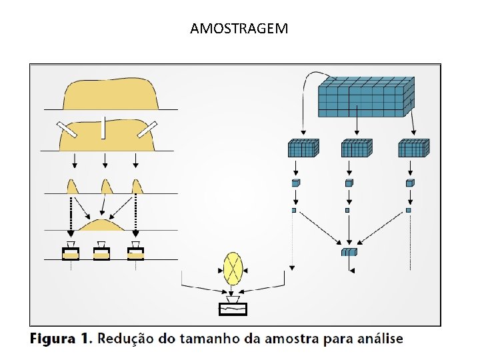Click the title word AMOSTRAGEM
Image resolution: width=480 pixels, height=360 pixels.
(x=239, y=29)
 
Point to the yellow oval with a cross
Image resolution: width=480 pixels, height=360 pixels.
(x=233, y=269)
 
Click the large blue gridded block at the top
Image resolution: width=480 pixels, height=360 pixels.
(x=366, y=97)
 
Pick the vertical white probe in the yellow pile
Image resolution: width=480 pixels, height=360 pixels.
(x=103, y=127)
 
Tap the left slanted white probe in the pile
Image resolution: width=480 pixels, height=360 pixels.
(x=67, y=130)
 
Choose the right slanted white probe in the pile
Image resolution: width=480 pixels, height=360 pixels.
(x=147, y=129)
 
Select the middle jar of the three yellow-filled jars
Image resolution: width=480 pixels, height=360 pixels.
(x=101, y=251)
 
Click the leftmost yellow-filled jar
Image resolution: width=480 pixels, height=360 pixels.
(x=71, y=251)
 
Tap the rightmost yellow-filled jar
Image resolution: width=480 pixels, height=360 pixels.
(x=135, y=251)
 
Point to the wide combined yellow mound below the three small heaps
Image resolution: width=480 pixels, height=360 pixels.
(x=102, y=225)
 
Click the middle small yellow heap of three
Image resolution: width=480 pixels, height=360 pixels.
(x=106, y=187)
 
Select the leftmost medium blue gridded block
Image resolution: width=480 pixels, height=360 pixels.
(x=303, y=148)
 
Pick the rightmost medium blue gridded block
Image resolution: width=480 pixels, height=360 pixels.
(x=414, y=148)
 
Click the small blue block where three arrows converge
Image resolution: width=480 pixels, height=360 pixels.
(x=349, y=251)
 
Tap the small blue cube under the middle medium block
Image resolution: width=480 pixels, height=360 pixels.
(x=349, y=183)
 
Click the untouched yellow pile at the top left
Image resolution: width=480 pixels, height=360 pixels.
(x=110, y=94)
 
